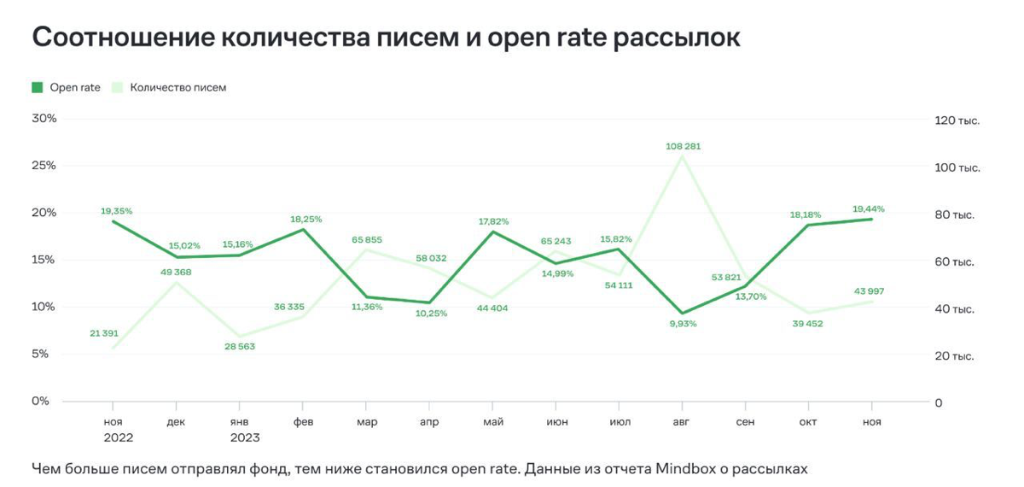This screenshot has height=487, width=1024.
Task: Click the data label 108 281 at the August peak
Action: pyautogui.click(x=683, y=147)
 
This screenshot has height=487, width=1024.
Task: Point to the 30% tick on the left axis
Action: pyautogui.click(x=44, y=119)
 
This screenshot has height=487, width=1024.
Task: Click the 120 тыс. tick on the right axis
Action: pyautogui.click(x=957, y=120)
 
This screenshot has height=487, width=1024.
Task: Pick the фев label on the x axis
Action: pyautogui.click(x=303, y=422)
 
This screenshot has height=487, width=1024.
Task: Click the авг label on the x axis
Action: pyautogui.click(x=682, y=422)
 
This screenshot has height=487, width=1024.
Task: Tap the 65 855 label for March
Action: pyautogui.click(x=367, y=240)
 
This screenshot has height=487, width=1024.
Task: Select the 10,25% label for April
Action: pyautogui.click(x=430, y=314)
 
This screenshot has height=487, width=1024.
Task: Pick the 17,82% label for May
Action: pyautogui.click(x=493, y=221)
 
